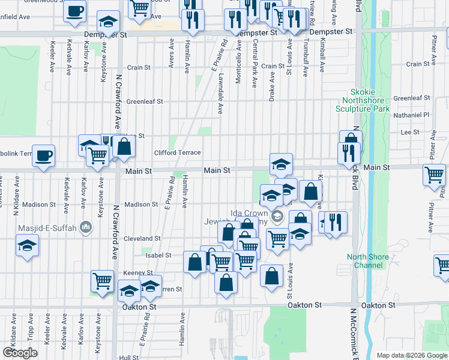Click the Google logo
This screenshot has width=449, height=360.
pyautogui.click(x=21, y=353)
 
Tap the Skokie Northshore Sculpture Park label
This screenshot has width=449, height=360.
pyautogui.click(x=366, y=100)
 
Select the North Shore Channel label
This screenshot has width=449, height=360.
pyautogui.click(x=368, y=261)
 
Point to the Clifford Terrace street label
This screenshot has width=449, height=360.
pyautogui.click(x=177, y=153)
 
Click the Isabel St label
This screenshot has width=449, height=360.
pyautogui.click(x=151, y=255)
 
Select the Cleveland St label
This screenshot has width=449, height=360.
pyautogui.click(x=142, y=238)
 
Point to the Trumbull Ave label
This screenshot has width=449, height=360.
pyautogui.click(x=306, y=59)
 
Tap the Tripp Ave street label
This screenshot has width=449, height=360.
pyautogui.click(x=30, y=335)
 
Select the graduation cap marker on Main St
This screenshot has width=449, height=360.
pyautogui.click(x=281, y=164)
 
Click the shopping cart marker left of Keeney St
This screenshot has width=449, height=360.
pyautogui.click(x=102, y=281)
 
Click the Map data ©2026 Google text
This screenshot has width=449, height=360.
pyautogui.click(x=411, y=355)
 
